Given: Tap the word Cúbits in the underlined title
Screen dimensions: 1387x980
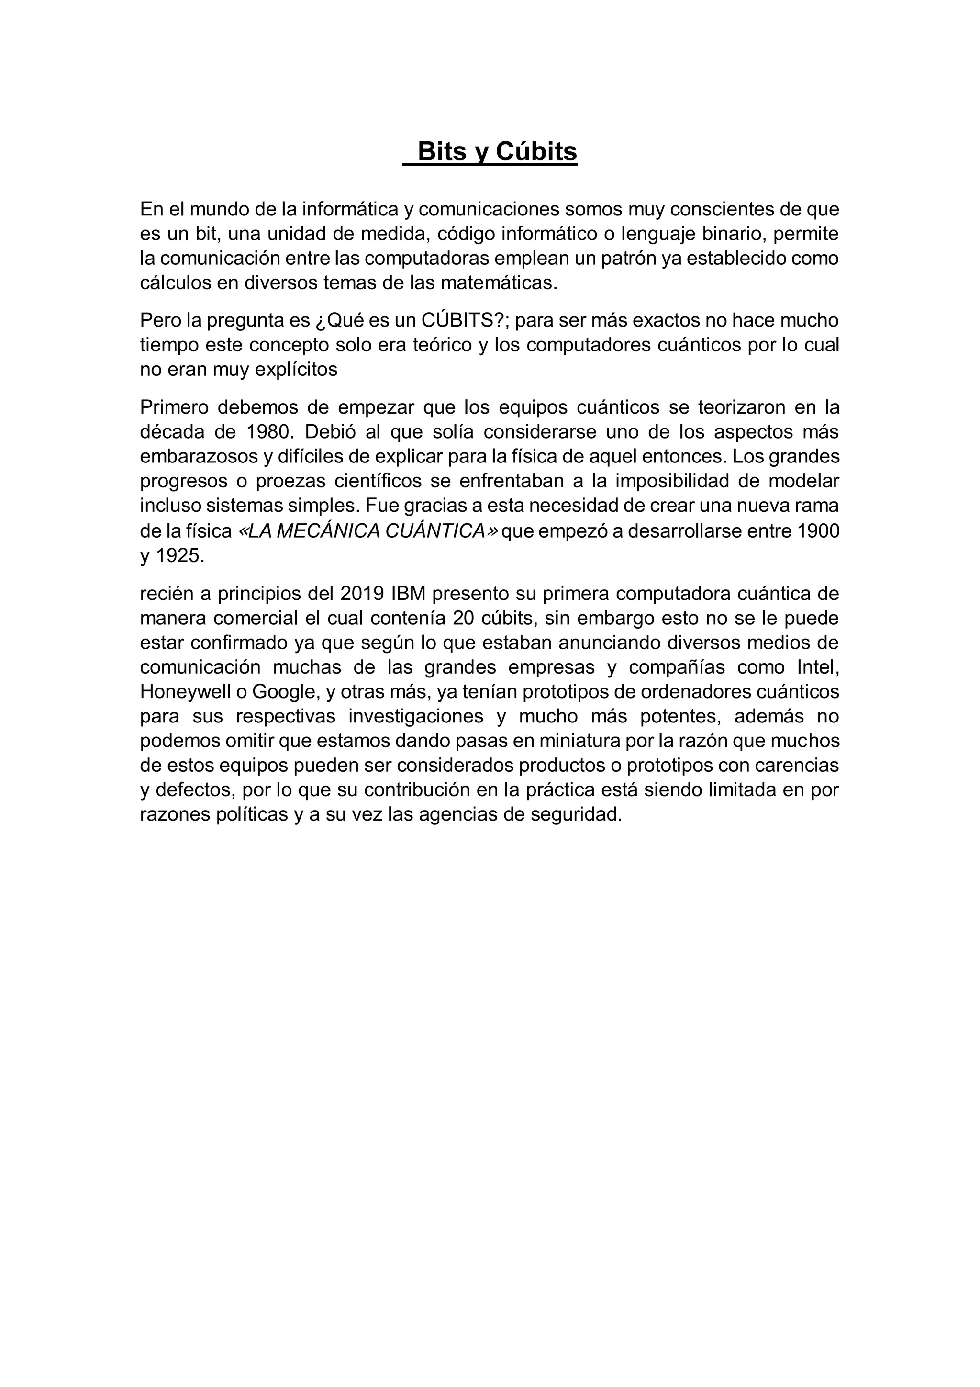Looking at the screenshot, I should pos(536,152).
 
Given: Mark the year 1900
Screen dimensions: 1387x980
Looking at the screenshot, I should pos(818,531).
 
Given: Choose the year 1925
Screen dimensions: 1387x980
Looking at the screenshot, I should pos(179,556).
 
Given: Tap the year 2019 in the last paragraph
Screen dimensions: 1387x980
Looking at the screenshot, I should pos(362,594).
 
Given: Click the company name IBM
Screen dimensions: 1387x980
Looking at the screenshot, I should pos(409,594).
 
